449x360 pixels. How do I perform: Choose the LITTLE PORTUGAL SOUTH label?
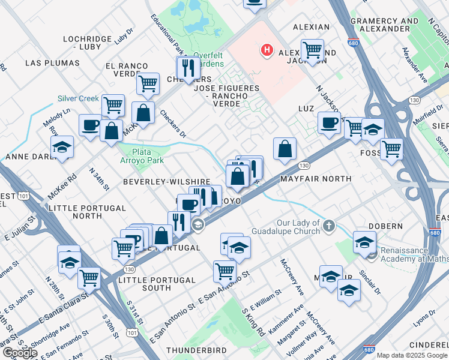pos(157,280)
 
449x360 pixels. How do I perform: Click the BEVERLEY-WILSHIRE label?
pos(166,181)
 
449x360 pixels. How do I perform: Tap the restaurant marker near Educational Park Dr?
pos(188,68)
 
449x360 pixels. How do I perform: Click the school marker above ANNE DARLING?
pos(62,147)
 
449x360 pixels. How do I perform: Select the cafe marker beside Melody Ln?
pos(91,125)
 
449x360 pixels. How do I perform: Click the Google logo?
pos(19,353)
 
